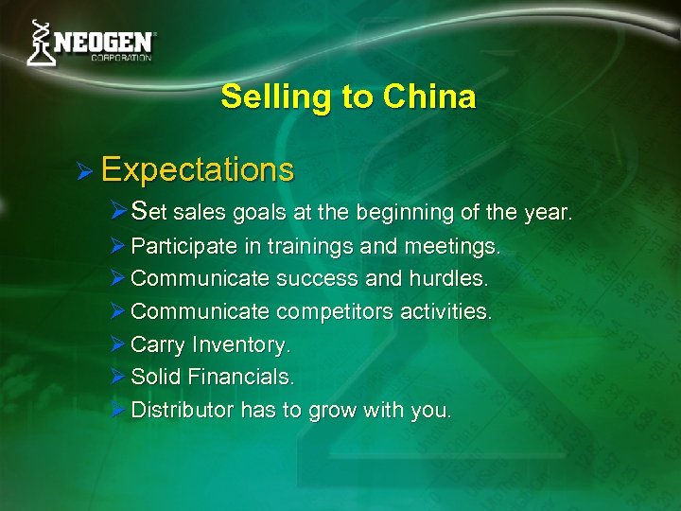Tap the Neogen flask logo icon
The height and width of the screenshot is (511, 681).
40,43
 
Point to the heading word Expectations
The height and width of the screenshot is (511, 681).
197,170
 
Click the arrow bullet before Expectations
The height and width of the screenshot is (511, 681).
84,171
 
